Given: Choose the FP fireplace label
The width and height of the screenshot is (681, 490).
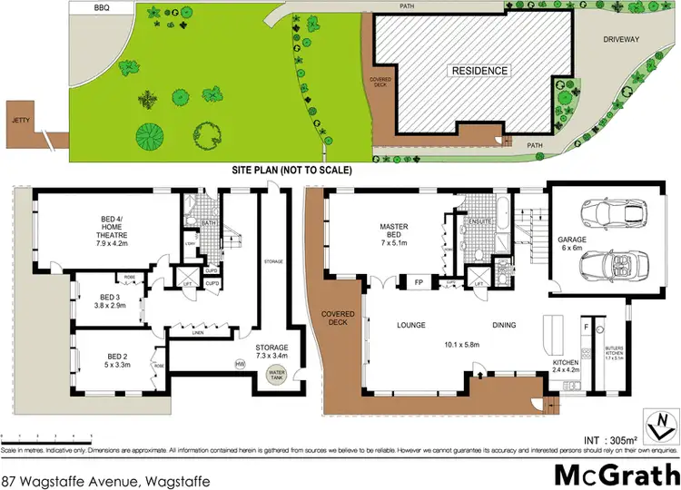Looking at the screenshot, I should [419, 282].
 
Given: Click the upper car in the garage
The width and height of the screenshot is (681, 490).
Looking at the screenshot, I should [612, 216].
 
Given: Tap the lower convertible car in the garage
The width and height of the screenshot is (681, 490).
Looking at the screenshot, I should [613, 265].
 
